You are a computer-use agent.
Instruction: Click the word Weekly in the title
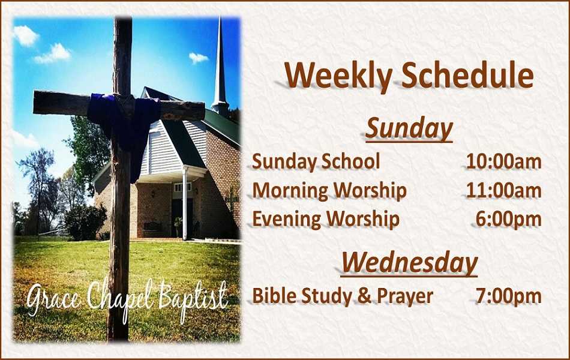point(338,76)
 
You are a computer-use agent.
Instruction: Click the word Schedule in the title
point(467,75)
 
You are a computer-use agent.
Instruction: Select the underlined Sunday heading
point(409,130)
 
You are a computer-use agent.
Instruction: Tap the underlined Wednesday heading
point(409,263)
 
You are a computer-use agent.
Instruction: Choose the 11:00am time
point(504,190)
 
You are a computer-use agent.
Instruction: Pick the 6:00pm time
point(509,219)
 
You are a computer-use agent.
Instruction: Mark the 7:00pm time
point(509,296)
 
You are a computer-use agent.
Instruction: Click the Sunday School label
point(316,161)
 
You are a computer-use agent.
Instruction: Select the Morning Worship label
point(329,191)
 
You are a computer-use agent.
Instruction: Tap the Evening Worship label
point(326,220)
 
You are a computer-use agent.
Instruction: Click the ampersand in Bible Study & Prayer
point(364,296)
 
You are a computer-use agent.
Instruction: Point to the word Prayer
point(405,297)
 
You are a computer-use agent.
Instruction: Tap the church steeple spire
point(220,65)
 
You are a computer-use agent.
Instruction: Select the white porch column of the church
point(185,203)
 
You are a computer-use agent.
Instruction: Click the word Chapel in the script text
point(120,300)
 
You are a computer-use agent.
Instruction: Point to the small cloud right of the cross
point(198,58)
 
